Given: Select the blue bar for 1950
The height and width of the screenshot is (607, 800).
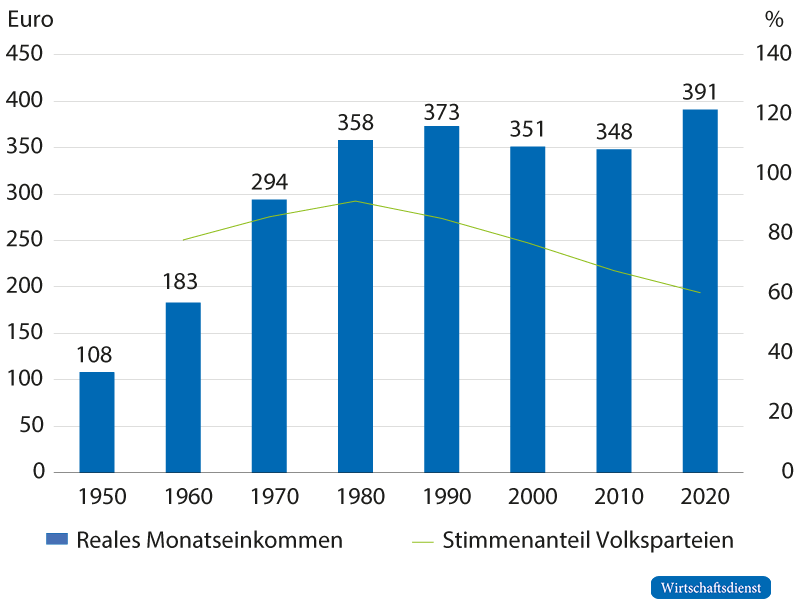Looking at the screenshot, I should pyautogui.click(x=97, y=422).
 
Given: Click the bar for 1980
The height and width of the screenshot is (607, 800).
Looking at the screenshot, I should pyautogui.click(x=355, y=306).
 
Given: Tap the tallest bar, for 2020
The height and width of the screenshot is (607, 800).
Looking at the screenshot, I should pyautogui.click(x=700, y=290).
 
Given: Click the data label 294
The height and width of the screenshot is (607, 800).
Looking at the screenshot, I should pyautogui.click(x=269, y=182).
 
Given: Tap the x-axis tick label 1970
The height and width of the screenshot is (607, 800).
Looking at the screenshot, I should pyautogui.click(x=269, y=496).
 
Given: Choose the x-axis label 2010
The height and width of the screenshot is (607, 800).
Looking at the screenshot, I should pyautogui.click(x=614, y=496).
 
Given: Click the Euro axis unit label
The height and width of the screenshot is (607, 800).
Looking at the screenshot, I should pyautogui.click(x=30, y=19).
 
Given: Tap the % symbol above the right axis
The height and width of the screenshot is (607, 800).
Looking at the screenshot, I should pyautogui.click(x=772, y=19).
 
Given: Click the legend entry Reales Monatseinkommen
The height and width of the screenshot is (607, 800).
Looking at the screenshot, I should pyautogui.click(x=195, y=540).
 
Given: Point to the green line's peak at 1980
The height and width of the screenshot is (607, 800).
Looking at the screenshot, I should pyautogui.click(x=355, y=201).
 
